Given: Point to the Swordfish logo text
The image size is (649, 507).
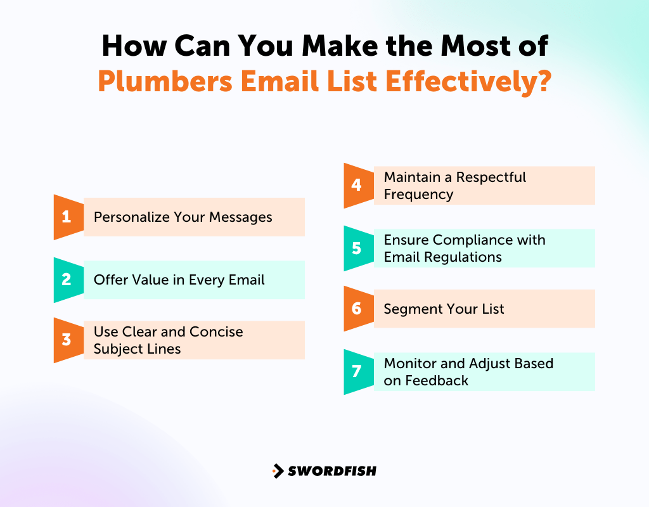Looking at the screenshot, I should (x=331, y=471).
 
